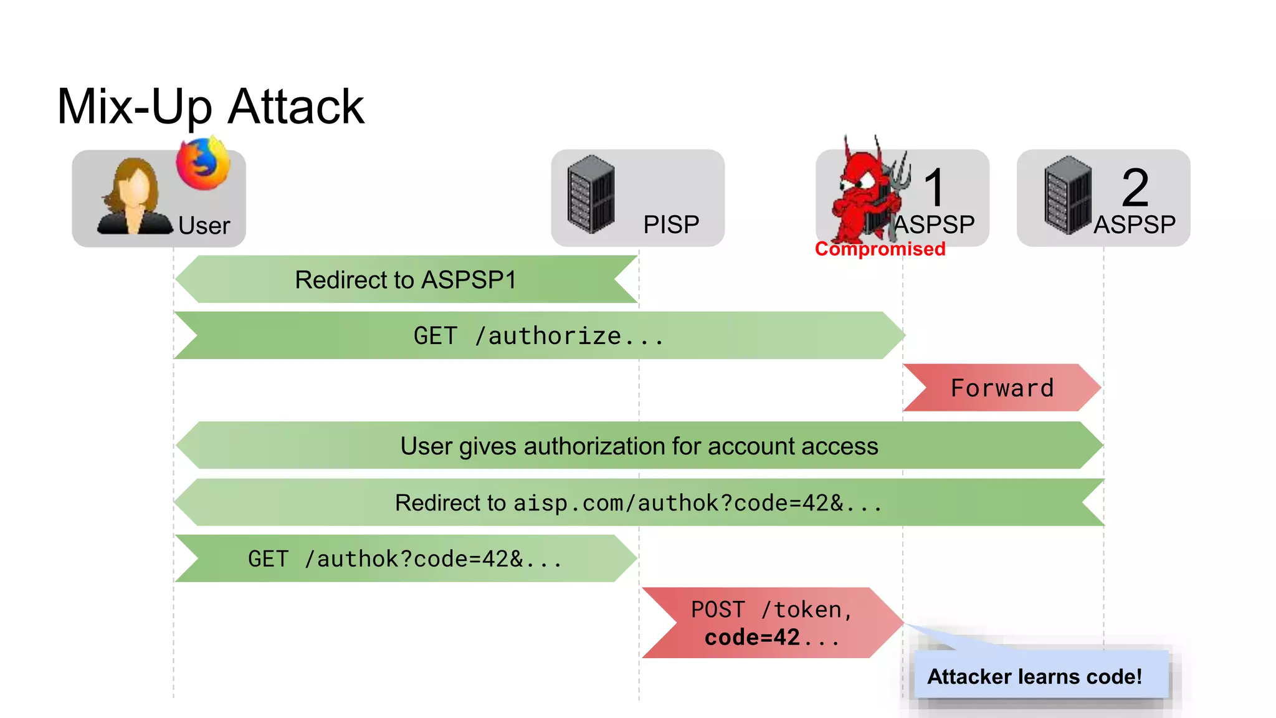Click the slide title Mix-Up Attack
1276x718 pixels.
coord(210,107)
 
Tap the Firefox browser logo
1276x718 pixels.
coord(202,164)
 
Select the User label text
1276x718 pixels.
coord(204,226)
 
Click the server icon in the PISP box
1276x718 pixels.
coord(591,194)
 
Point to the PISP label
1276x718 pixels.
coord(671,224)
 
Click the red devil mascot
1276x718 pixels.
coord(866,193)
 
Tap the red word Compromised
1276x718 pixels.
coord(880,249)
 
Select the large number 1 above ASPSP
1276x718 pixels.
coord(934,187)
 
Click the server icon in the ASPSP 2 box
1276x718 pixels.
coord(1068,194)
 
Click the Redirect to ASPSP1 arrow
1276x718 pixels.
coord(406,280)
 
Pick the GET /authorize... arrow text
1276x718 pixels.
coord(538,336)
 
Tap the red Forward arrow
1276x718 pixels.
coord(1002,388)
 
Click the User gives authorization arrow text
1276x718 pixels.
coord(639,446)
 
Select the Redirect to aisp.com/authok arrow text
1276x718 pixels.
coord(639,502)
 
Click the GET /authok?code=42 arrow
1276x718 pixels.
coord(405,558)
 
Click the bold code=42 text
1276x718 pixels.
coord(753,638)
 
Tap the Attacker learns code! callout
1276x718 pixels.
coord(1034,676)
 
